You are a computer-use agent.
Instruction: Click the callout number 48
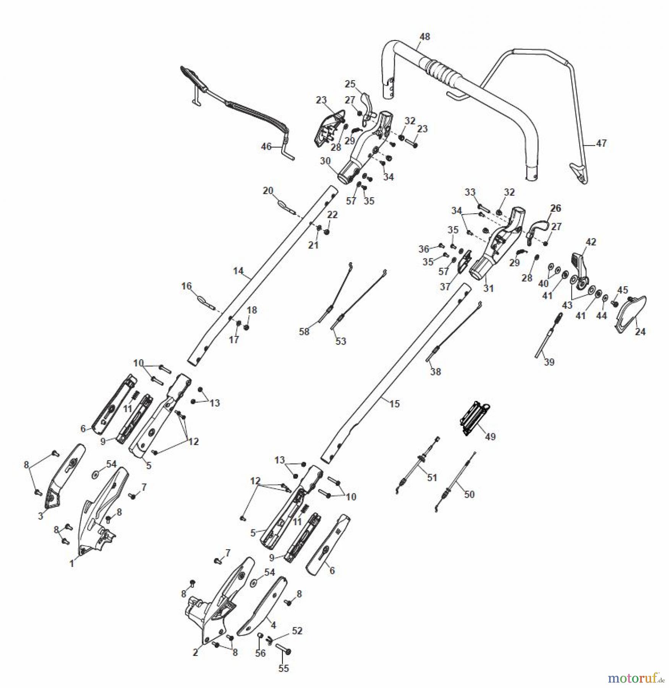pyautogui.click(x=424, y=37)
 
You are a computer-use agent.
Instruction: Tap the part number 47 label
pyautogui.click(x=601, y=143)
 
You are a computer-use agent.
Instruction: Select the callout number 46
pyautogui.click(x=266, y=146)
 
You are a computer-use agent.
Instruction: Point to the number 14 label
pyautogui.click(x=238, y=271)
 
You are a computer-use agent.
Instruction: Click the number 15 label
pyautogui.click(x=394, y=404)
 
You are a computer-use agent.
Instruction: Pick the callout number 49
pyautogui.click(x=490, y=436)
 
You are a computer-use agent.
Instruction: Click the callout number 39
pyautogui.click(x=549, y=362)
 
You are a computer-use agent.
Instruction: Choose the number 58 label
pyautogui.click(x=304, y=332)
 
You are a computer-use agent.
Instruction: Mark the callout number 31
pyautogui.click(x=489, y=288)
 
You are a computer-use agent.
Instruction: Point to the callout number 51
pyautogui.click(x=432, y=477)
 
